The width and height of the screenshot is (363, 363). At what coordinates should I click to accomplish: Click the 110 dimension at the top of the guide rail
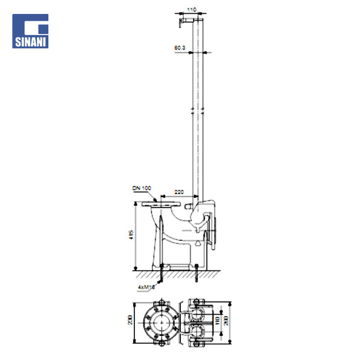pyautogui.click(x=192, y=10)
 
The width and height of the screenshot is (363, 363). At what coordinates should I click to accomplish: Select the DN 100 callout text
pyautogui.click(x=142, y=189)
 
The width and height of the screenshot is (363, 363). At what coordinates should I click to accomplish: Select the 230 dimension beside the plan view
pyautogui.click(x=130, y=320)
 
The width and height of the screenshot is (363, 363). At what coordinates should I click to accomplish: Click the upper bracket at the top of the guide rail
pyautogui.click(x=182, y=21)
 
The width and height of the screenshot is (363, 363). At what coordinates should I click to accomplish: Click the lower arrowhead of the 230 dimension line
pyautogui.click(x=134, y=341)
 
